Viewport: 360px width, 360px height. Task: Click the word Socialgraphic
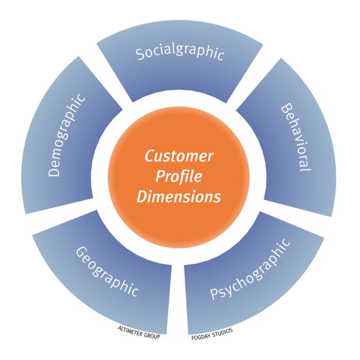tap(180, 54)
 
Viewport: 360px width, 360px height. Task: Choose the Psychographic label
tap(251, 271)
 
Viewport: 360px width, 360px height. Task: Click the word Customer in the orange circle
tap(178, 155)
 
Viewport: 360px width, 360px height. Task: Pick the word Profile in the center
tap(178, 176)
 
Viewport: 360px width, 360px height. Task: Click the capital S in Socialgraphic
tap(140, 55)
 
